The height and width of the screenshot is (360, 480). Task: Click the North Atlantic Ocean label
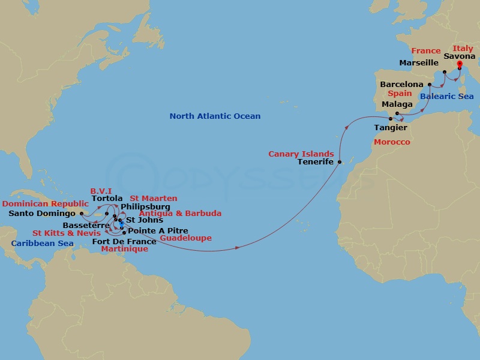click(x=215, y=116)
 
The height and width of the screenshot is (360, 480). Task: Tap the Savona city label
click(x=460, y=56)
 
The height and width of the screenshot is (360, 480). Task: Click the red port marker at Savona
click(x=460, y=64)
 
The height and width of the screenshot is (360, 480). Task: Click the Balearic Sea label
click(x=446, y=96)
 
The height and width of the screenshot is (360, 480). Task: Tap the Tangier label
click(x=391, y=128)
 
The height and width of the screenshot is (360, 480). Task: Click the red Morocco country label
click(x=392, y=142)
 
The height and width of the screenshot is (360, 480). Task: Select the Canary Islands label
click(x=302, y=154)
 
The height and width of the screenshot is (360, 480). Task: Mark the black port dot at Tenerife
click(x=339, y=162)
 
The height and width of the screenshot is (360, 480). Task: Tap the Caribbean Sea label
click(x=41, y=244)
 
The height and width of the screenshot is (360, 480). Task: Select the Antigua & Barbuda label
click(x=180, y=213)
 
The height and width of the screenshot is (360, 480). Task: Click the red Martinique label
click(x=125, y=249)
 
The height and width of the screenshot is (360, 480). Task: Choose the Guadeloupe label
click(x=185, y=238)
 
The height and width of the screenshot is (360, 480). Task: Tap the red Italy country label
click(x=463, y=49)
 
